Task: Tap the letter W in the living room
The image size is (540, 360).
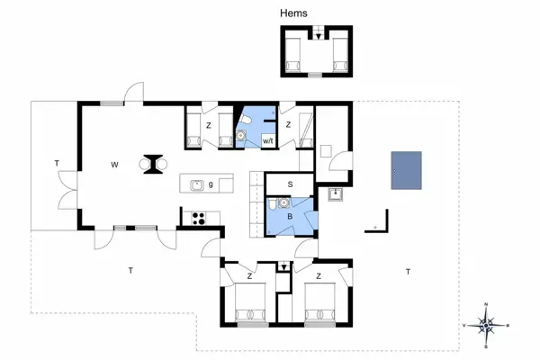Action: tap(114, 165)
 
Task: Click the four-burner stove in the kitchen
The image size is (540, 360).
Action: tap(199, 216)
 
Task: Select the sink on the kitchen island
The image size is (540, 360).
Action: tap(198, 184)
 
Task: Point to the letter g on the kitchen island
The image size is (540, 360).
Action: tap(211, 184)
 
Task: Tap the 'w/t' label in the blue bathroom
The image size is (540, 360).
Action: tap(267, 139)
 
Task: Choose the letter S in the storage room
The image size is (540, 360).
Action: tap(290, 184)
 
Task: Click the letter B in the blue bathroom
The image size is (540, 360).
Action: tap(290, 216)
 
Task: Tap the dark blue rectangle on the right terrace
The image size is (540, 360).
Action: tap(406, 170)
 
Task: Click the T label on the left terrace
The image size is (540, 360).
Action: tap(56, 163)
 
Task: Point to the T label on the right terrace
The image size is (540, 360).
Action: tap(408, 271)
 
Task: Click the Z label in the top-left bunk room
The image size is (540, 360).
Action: tap(208, 124)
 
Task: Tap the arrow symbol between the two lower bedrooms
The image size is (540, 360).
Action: tap(284, 266)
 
